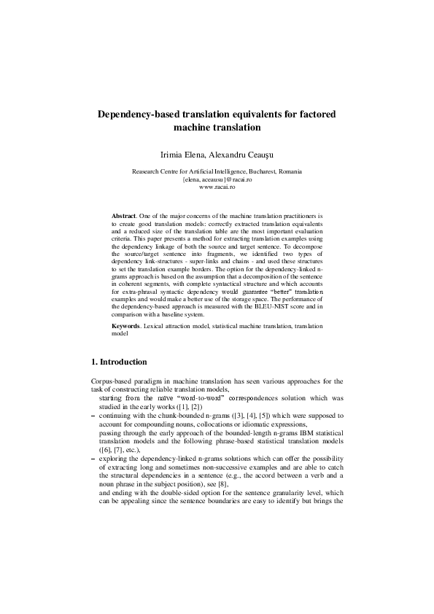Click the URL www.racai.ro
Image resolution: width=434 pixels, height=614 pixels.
pyautogui.click(x=217, y=188)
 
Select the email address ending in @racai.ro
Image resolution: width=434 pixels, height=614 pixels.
pyautogui.click(x=217, y=180)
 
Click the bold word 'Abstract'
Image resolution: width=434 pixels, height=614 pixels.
pyautogui.click(x=123, y=217)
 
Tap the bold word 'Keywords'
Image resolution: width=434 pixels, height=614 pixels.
pyautogui.click(x=127, y=325)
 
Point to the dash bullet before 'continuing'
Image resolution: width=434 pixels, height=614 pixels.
pyautogui.click(x=93, y=415)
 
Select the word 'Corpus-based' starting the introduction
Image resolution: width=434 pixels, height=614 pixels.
pyautogui.click(x=109, y=381)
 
